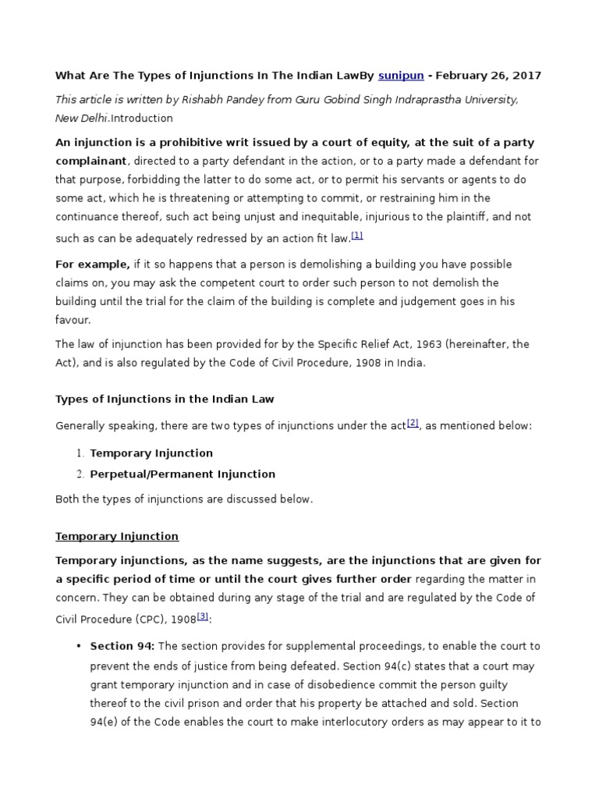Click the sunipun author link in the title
[x=402, y=76]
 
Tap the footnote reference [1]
[x=357, y=235]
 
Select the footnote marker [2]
[x=413, y=423]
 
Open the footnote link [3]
[x=203, y=616]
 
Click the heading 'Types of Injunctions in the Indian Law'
[x=165, y=399]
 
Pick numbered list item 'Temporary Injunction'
[x=151, y=453]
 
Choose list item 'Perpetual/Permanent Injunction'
[x=183, y=474]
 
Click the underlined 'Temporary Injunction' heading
[x=117, y=536]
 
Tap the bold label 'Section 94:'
[x=122, y=647]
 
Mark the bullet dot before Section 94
[x=79, y=647]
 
